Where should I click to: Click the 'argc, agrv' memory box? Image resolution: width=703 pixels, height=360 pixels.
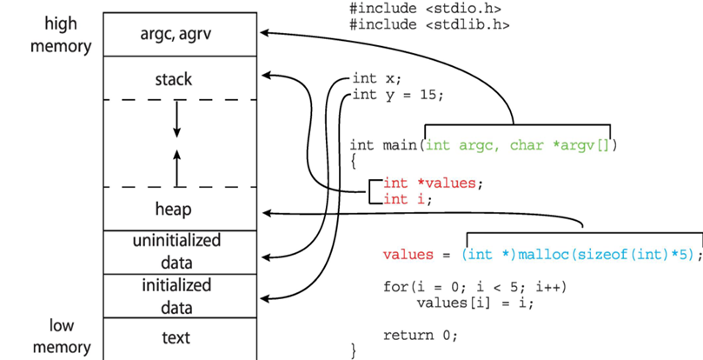(180, 34)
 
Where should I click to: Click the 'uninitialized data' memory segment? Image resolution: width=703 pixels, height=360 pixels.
(176, 250)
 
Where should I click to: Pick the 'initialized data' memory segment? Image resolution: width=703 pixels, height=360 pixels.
(176, 296)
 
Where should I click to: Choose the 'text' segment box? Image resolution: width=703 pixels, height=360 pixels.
(176, 337)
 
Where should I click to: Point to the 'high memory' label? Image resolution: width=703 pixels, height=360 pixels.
(60, 34)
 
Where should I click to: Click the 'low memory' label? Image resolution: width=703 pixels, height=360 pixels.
(60, 337)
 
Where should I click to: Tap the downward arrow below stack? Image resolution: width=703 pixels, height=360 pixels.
(177, 118)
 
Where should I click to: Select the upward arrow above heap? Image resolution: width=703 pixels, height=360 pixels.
(177, 168)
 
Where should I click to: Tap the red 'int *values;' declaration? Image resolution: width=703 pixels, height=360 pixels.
(432, 183)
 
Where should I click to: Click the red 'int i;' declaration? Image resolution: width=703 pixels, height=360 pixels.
(407, 199)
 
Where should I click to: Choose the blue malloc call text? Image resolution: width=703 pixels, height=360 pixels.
(579, 255)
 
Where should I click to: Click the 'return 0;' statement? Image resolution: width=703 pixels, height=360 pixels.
(420, 335)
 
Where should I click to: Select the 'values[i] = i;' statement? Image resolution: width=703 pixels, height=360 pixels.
(475, 303)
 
